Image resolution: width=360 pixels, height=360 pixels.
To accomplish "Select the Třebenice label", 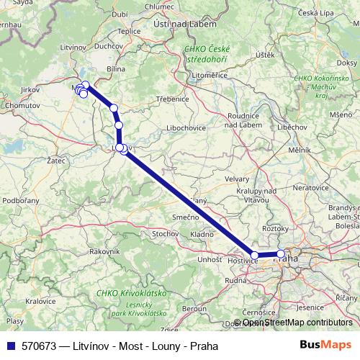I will (172, 98).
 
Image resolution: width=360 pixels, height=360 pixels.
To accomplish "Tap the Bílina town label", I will (115, 68).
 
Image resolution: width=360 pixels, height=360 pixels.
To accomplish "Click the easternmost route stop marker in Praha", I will (281, 253).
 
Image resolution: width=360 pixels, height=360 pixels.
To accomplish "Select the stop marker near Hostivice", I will (254, 255).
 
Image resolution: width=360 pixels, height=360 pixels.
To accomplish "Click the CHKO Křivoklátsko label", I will (131, 294).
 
